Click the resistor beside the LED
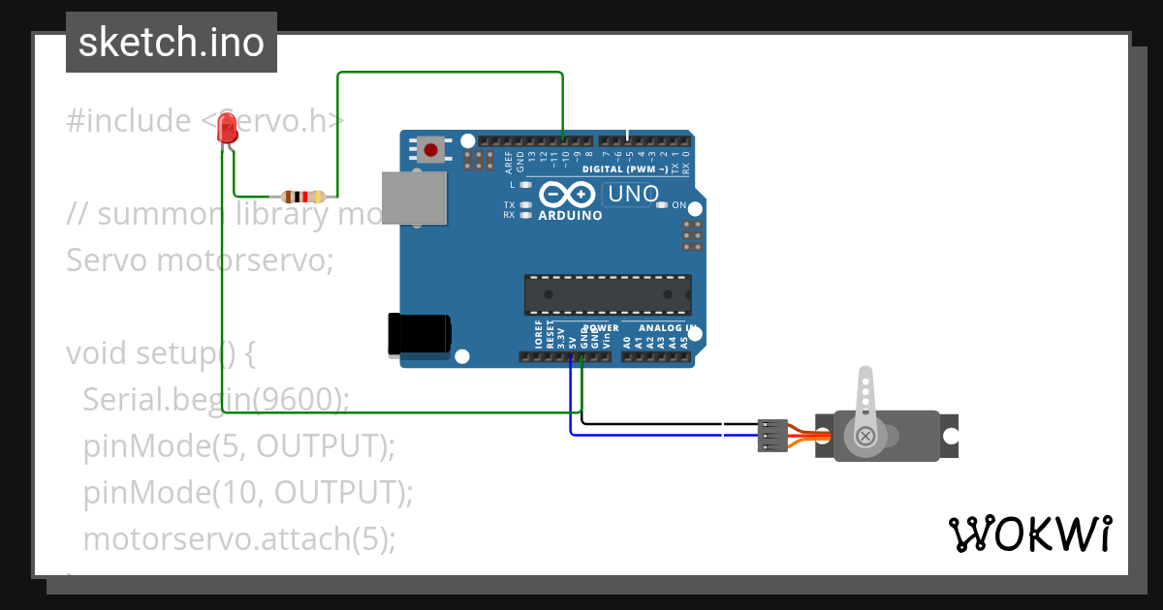click(301, 196)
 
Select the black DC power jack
click(419, 334)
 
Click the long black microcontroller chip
click(608, 294)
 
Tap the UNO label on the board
click(632, 194)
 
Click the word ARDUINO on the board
click(570, 215)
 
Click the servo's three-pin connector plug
click(772, 436)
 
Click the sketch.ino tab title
click(172, 43)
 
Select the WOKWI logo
click(1029, 534)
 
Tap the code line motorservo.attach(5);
click(239, 538)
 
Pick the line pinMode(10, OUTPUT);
click(248, 492)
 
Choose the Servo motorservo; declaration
click(199, 260)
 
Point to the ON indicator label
click(678, 205)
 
